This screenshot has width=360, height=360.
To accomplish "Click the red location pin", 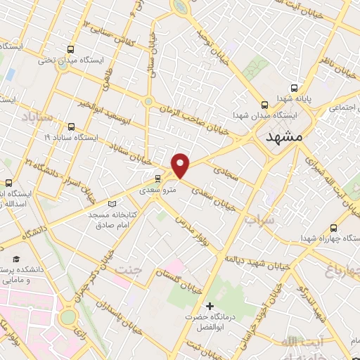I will [x=181, y=164].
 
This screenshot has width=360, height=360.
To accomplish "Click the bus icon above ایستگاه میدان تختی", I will [x=70, y=49].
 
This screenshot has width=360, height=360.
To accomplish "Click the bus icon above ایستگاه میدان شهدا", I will [x=264, y=103].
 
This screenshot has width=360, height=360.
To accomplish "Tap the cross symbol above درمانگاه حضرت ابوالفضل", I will [x=209, y=306].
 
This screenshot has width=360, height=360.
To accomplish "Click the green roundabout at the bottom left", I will [x=68, y=317].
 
